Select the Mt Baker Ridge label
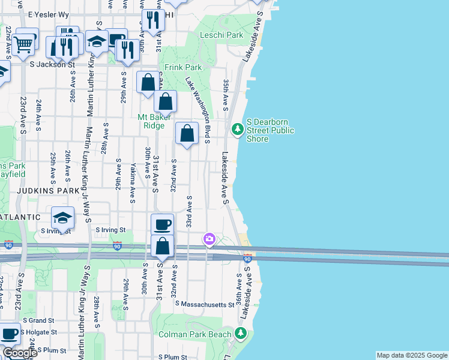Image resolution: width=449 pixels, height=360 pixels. tap(154, 121)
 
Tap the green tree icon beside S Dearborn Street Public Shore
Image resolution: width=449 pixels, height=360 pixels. tap(238, 129)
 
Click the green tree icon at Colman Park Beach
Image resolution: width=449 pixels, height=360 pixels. tap(241, 332)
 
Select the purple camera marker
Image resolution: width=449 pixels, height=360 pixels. tap(209, 239)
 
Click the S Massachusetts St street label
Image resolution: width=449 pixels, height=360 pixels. tap(204, 305)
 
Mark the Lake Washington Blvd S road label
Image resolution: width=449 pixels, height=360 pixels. tap(197, 110)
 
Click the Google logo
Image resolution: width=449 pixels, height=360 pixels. tap(19, 353)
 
